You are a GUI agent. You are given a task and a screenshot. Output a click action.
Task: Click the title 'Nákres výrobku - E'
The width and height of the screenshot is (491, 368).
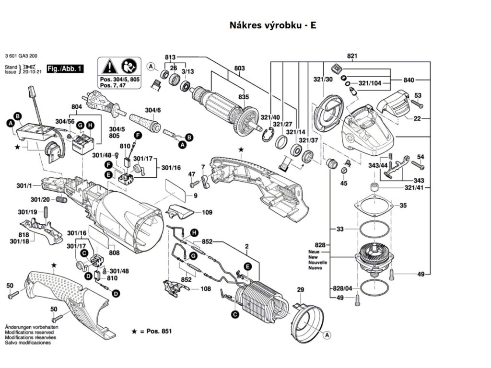pyautogui.click(x=273, y=25)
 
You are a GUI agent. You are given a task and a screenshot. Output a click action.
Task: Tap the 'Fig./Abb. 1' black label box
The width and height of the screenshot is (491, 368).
pyautogui.click(x=65, y=69)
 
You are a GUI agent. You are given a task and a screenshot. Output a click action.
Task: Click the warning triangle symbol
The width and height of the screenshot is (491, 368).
pyautogui.click(x=110, y=67)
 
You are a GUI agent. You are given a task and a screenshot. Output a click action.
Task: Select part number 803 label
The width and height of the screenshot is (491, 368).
pyautogui.click(x=240, y=68)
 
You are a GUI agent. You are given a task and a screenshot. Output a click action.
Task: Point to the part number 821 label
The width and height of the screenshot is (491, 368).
pyautogui.click(x=352, y=56)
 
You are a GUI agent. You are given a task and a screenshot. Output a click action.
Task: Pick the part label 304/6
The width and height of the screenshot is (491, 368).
pyautogui.click(x=153, y=110)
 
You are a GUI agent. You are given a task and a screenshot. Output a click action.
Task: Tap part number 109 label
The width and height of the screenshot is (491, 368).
pyautogui.click(x=207, y=212)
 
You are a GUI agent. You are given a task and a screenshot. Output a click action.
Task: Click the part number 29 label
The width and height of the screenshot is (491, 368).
pyautogui.click(x=300, y=290)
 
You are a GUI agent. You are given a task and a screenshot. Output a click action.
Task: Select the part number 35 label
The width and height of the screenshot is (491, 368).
pyautogui.click(x=403, y=206)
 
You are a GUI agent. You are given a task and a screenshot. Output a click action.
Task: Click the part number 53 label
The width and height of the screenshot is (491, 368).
pyautogui.click(x=418, y=95)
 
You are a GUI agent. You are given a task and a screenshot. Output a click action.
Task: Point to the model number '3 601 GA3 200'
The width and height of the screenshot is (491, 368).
pyautogui.click(x=21, y=56)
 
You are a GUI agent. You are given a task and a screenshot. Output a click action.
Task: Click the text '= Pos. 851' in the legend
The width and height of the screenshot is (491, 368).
pyautogui.click(x=156, y=331)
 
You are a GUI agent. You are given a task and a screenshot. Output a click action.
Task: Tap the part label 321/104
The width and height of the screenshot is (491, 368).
pyautogui.click(x=370, y=83)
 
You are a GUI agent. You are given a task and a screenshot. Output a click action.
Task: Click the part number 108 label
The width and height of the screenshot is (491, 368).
pyautogui.click(x=205, y=288)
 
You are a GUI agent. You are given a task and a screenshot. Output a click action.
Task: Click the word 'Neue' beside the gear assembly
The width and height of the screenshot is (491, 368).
pyautogui.click(x=314, y=252)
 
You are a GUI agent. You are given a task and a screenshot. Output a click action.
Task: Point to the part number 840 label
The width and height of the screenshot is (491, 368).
pyautogui.click(x=409, y=80)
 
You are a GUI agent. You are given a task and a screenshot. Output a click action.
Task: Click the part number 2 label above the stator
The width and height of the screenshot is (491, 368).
pyautogui.click(x=247, y=247)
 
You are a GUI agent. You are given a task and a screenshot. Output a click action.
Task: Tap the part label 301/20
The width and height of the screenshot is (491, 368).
pyautogui.click(x=40, y=200)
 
